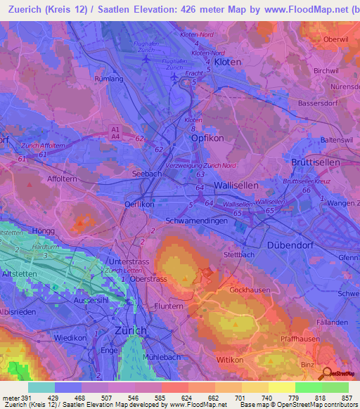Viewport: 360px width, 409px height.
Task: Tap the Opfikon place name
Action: [207, 138]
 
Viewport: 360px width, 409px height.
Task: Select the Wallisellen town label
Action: [236, 185]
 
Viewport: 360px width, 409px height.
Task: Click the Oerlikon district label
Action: [139, 204]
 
